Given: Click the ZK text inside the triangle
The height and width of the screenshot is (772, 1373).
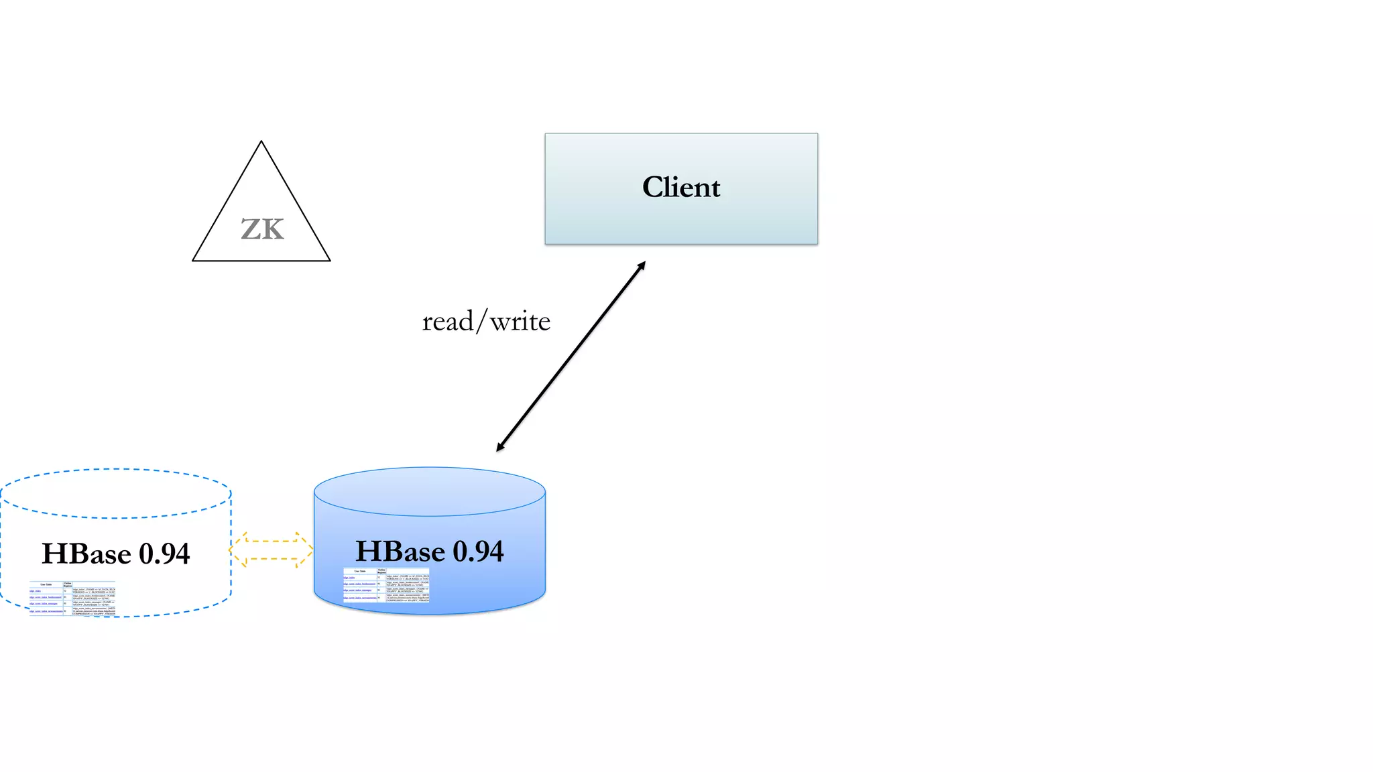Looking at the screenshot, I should click(262, 230).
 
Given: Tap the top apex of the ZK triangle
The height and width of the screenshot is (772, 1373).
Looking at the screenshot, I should click(261, 143).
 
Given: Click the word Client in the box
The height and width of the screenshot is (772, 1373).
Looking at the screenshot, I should click(681, 187).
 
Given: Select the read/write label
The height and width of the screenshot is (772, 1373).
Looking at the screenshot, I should click(486, 322).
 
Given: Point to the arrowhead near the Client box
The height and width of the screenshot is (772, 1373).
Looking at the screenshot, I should click(641, 266).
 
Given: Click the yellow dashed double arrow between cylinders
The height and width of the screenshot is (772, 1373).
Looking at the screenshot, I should click(271, 550).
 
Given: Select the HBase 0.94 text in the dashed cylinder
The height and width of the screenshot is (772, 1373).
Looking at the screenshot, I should click(115, 554).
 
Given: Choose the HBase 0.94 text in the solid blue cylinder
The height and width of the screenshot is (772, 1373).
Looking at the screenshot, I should click(429, 552).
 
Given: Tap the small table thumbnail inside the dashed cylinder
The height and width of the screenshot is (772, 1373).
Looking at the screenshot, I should click(72, 598).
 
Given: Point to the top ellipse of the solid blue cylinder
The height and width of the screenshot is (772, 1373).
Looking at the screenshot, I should click(429, 491).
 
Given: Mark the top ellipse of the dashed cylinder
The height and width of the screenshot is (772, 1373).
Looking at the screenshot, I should click(115, 493).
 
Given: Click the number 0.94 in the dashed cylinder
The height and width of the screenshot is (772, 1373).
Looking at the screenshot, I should click(164, 554).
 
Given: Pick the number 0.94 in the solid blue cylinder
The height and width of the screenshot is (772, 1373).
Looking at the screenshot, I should click(478, 552).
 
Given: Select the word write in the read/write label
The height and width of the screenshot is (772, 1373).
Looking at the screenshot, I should click(520, 322).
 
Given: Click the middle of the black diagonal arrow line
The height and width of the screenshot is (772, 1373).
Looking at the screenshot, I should click(571, 357).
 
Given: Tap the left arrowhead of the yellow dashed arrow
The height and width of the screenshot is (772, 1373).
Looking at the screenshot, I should click(236, 550).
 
